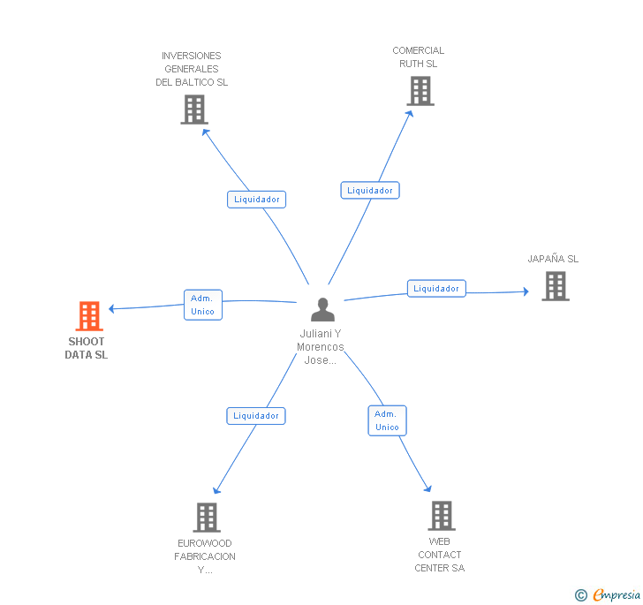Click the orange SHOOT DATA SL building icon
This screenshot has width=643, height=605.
point(89,315)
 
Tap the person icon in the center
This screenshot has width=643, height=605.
point(323,310)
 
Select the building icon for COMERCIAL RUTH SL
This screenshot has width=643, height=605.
point(420,91)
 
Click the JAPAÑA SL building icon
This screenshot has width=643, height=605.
point(556,286)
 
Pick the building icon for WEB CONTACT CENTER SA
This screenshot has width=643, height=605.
point(441,516)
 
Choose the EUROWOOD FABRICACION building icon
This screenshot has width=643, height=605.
point(206,518)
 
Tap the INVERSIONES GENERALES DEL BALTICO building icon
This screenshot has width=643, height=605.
point(193,110)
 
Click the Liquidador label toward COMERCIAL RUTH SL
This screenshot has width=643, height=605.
point(370,190)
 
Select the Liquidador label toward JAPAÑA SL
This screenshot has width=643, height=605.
point(436,288)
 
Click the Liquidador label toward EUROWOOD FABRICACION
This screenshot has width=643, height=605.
point(256,415)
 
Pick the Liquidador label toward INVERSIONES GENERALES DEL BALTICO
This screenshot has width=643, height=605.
point(256,199)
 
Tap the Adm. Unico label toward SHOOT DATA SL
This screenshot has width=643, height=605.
point(202,305)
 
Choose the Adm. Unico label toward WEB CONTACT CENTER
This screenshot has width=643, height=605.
point(387,420)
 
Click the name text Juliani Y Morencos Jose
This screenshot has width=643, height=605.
point(320,347)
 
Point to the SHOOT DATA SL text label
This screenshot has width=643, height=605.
point(86,348)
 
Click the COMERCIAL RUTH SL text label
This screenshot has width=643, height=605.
point(419,57)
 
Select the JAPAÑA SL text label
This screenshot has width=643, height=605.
point(553,259)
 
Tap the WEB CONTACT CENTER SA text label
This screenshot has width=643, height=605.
point(440,555)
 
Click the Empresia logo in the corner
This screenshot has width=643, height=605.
point(608,594)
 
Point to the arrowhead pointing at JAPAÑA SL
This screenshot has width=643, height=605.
point(526,291)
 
